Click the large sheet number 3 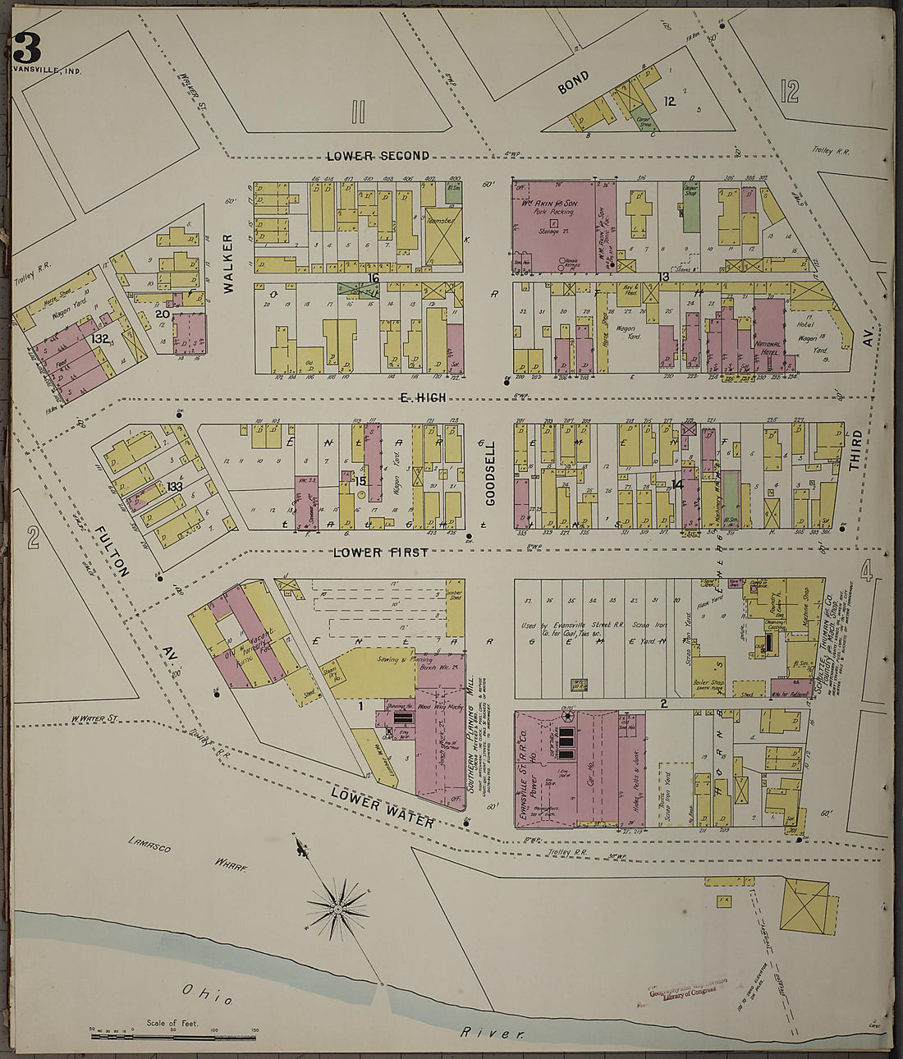tap(26, 48)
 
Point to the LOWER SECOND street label tap(377, 156)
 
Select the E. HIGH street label tap(422, 398)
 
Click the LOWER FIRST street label tap(380, 552)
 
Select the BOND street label tap(574, 81)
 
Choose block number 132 tap(100, 338)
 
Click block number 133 tap(174, 486)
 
